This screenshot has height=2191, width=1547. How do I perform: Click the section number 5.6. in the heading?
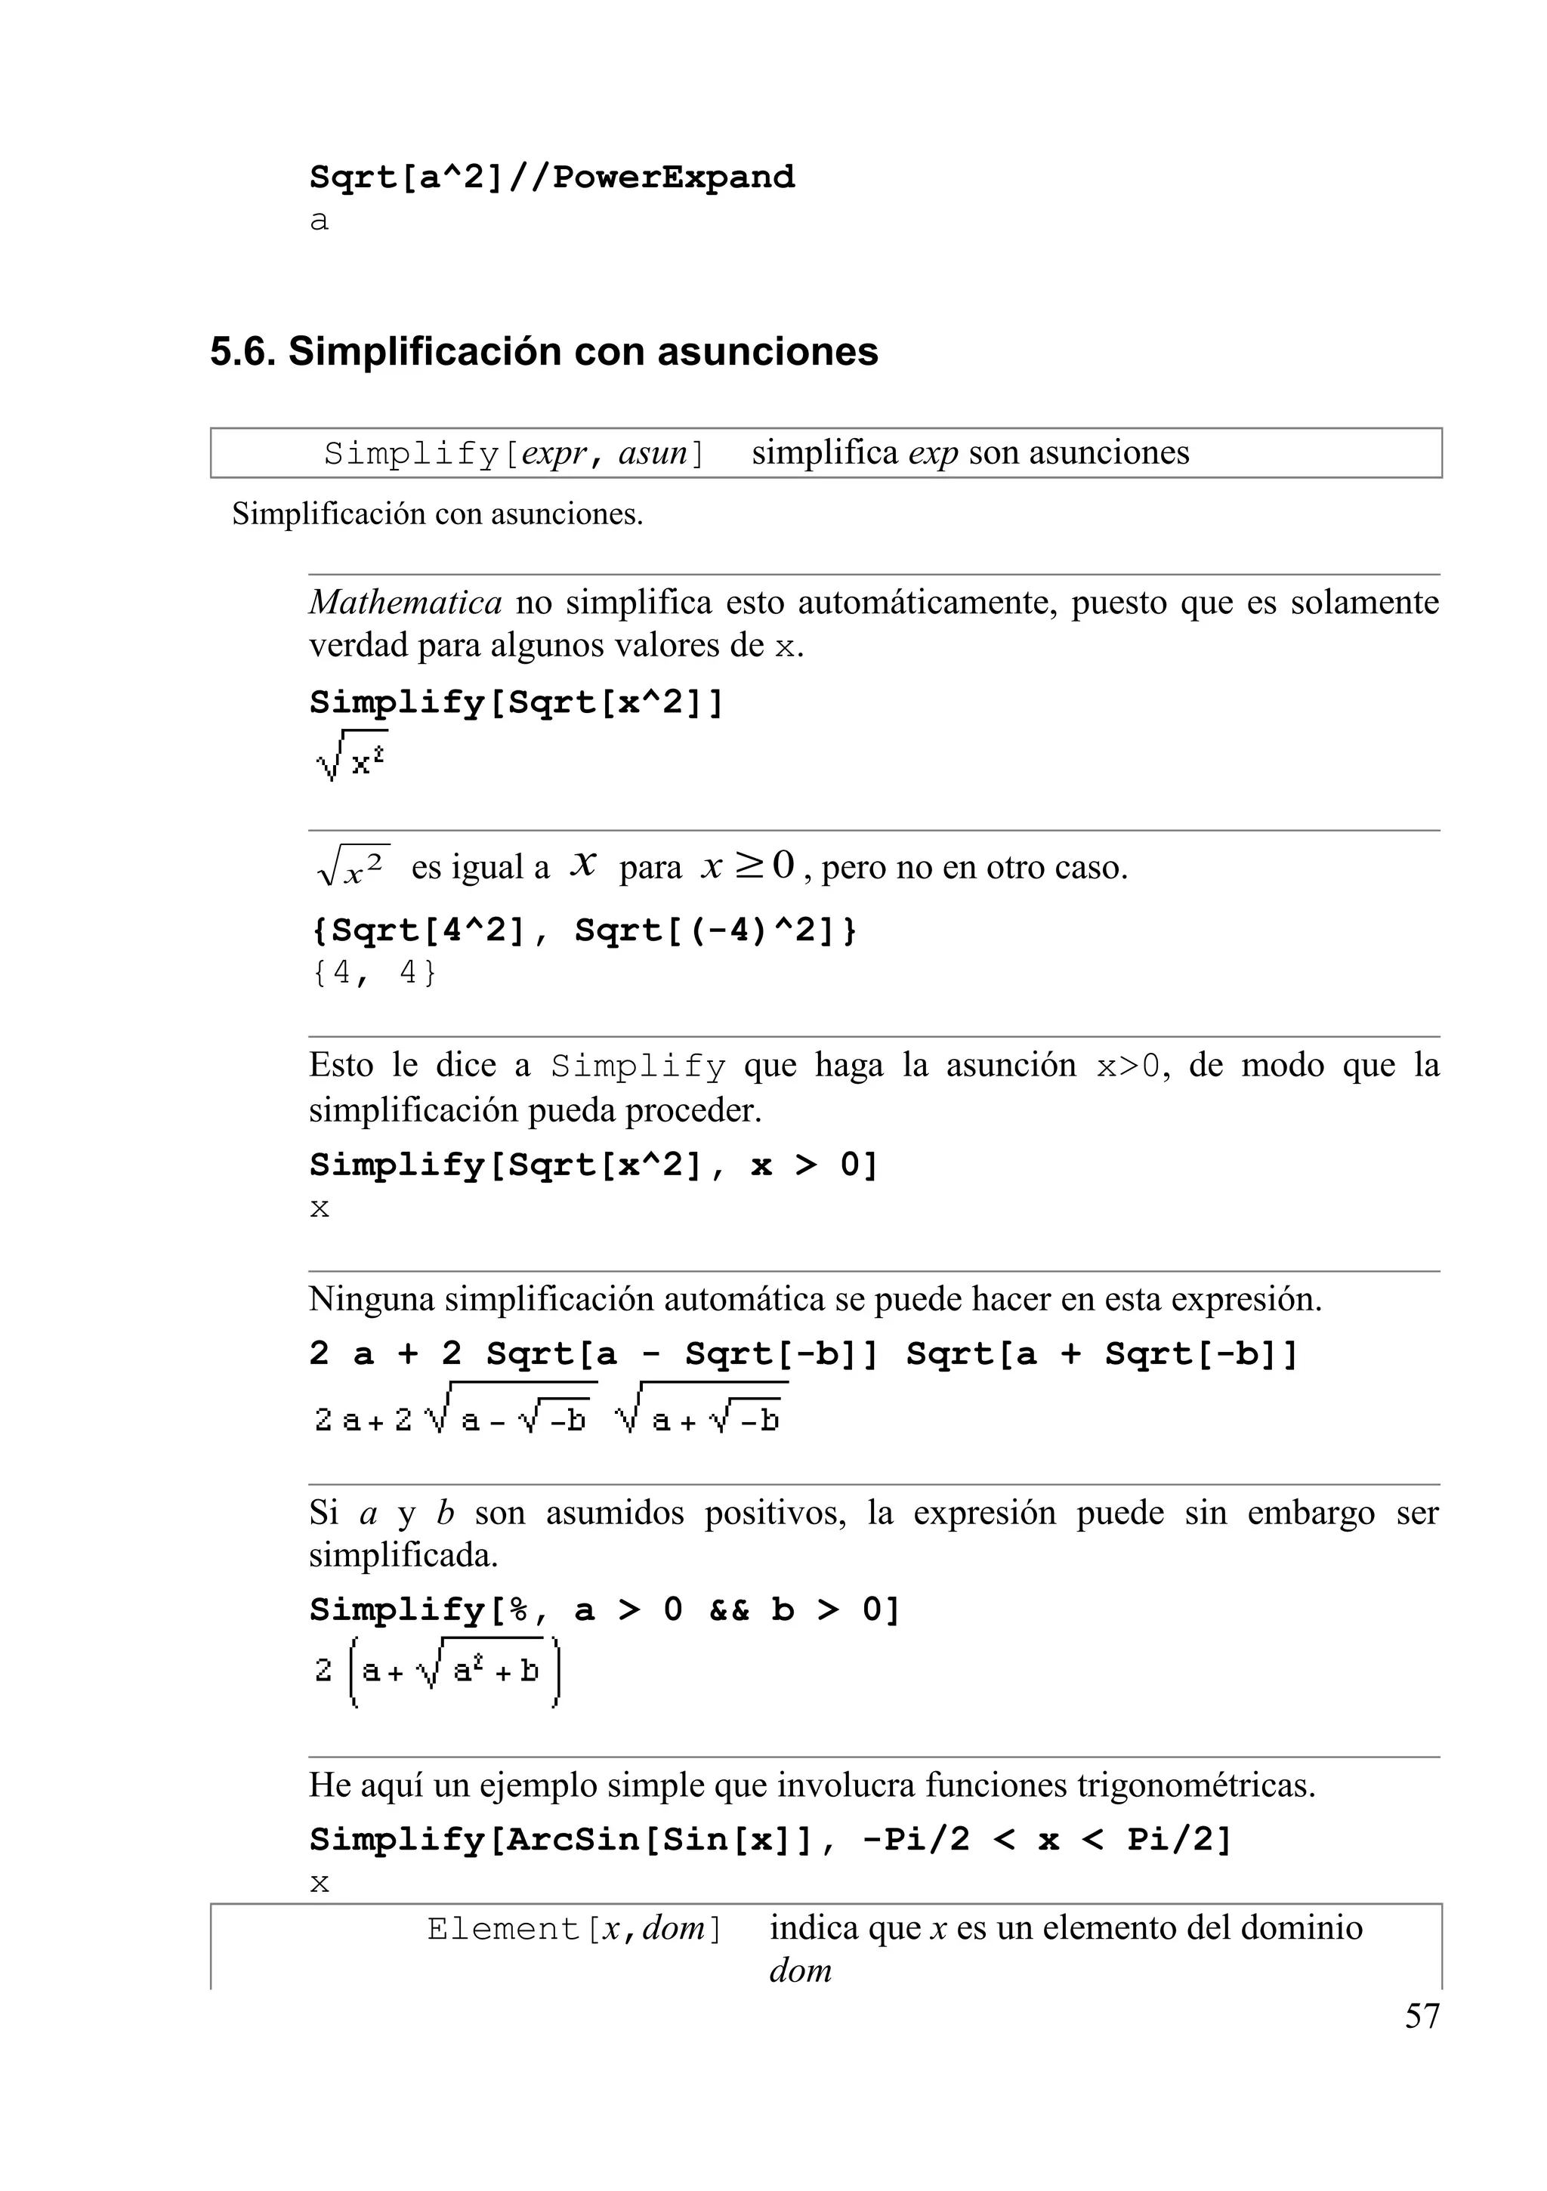pos(242,352)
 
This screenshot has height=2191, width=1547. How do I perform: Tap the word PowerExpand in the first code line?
pos(673,177)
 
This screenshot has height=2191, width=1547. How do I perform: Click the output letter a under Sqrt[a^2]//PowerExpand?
pos(319,221)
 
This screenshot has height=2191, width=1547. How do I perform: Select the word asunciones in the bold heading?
pos(767,352)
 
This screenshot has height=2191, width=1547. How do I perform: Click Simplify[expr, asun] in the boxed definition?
pos(514,453)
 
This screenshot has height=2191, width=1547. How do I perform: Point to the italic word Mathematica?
pos(405,603)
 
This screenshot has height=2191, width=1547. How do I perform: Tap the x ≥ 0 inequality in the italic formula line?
pos(747,866)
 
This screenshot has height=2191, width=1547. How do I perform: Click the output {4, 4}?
pos(373,974)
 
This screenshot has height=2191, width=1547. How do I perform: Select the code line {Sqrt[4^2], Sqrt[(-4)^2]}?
pos(583,930)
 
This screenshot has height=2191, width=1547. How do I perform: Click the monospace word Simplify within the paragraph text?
pos(638,1066)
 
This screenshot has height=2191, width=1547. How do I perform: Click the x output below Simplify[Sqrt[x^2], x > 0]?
pos(320,1209)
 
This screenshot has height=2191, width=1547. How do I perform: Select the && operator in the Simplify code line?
pos(728,1611)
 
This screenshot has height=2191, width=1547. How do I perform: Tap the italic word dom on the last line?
pos(800,1970)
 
